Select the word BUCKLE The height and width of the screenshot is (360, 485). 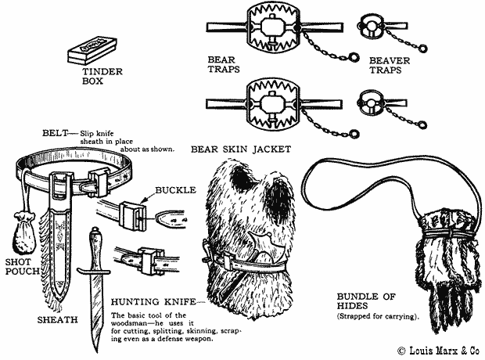[174, 189]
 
